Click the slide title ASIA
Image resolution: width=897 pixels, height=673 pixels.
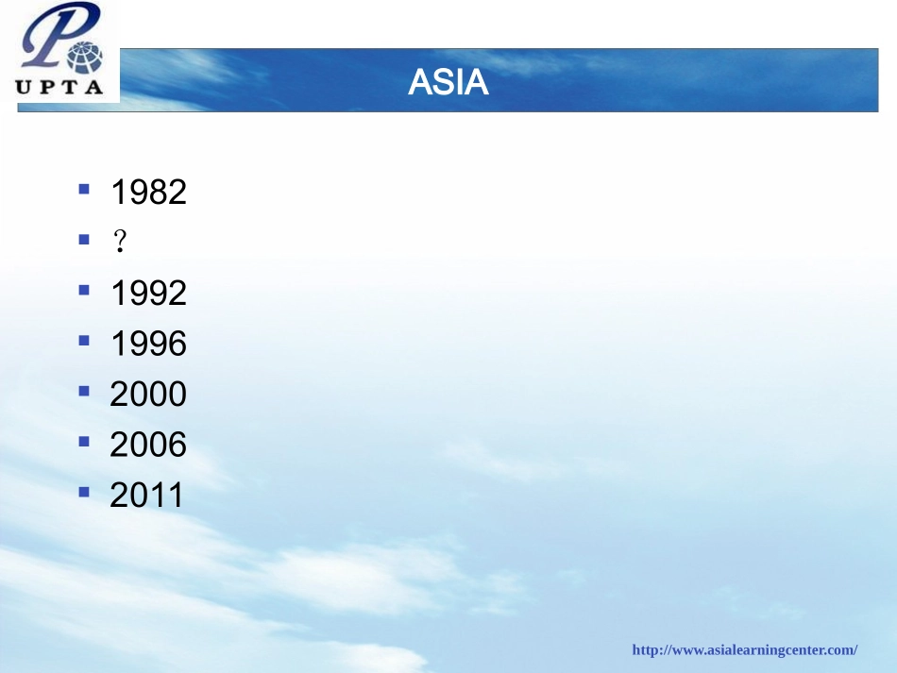(x=448, y=83)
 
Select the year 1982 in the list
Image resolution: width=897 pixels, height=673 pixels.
(x=148, y=193)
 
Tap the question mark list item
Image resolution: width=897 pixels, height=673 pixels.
(x=119, y=243)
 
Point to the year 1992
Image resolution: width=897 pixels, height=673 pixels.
(x=148, y=294)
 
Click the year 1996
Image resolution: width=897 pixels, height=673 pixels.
(x=148, y=344)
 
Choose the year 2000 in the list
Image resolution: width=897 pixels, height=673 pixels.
(x=148, y=394)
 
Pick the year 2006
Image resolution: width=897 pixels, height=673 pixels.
(x=148, y=445)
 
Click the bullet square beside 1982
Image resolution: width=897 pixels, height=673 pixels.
(x=84, y=189)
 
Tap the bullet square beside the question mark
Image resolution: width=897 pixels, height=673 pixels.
(x=84, y=240)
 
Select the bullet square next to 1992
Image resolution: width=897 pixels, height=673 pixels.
(x=84, y=290)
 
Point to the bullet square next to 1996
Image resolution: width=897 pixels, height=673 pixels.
(x=84, y=340)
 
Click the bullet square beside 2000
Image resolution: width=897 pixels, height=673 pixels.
(x=84, y=390)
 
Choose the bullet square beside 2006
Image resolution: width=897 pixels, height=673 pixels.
(x=84, y=441)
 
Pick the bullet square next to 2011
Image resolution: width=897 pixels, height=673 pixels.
(x=84, y=491)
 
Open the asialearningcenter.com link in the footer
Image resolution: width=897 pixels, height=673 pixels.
(x=744, y=649)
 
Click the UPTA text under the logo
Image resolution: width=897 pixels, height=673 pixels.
(x=60, y=88)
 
